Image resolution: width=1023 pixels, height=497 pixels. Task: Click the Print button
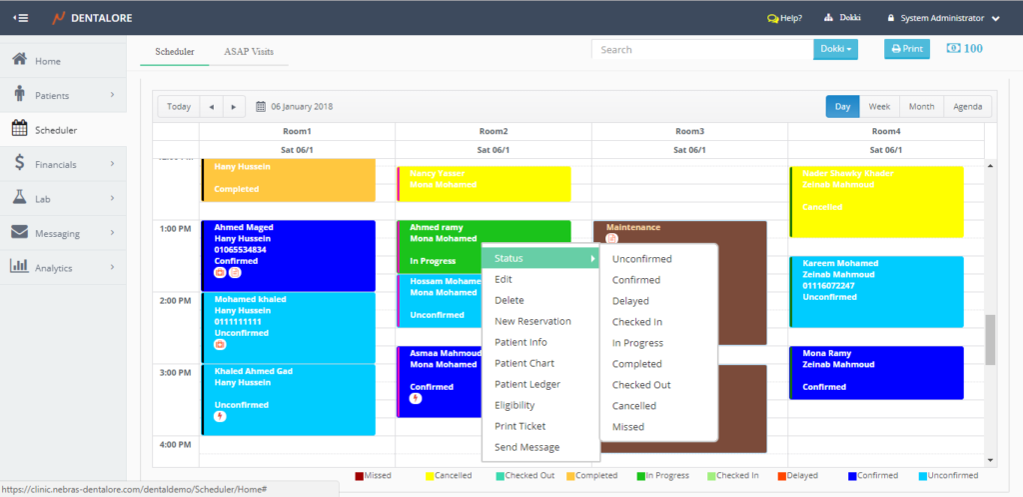point(907,49)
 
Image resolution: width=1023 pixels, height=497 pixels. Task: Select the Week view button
point(879,107)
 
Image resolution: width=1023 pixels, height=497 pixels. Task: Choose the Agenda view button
point(967,107)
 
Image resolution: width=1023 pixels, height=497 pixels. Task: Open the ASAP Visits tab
point(249,51)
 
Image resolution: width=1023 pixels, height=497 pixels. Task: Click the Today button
point(179,107)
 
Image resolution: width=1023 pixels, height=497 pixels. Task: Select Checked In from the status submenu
point(637,322)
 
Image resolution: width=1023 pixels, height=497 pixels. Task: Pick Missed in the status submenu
point(628,427)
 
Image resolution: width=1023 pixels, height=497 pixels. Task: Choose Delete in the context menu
point(510,300)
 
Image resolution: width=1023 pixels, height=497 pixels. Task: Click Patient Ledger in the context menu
point(527,384)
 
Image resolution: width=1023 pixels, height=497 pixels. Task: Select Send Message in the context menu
point(527,447)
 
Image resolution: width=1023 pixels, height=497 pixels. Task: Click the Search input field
point(702,49)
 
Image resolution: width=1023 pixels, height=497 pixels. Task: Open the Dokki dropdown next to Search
point(837,49)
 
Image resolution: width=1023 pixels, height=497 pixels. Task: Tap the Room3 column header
point(689,131)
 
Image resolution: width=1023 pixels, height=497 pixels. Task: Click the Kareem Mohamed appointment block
point(876,291)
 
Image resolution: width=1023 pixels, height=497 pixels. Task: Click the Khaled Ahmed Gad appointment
point(288,399)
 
